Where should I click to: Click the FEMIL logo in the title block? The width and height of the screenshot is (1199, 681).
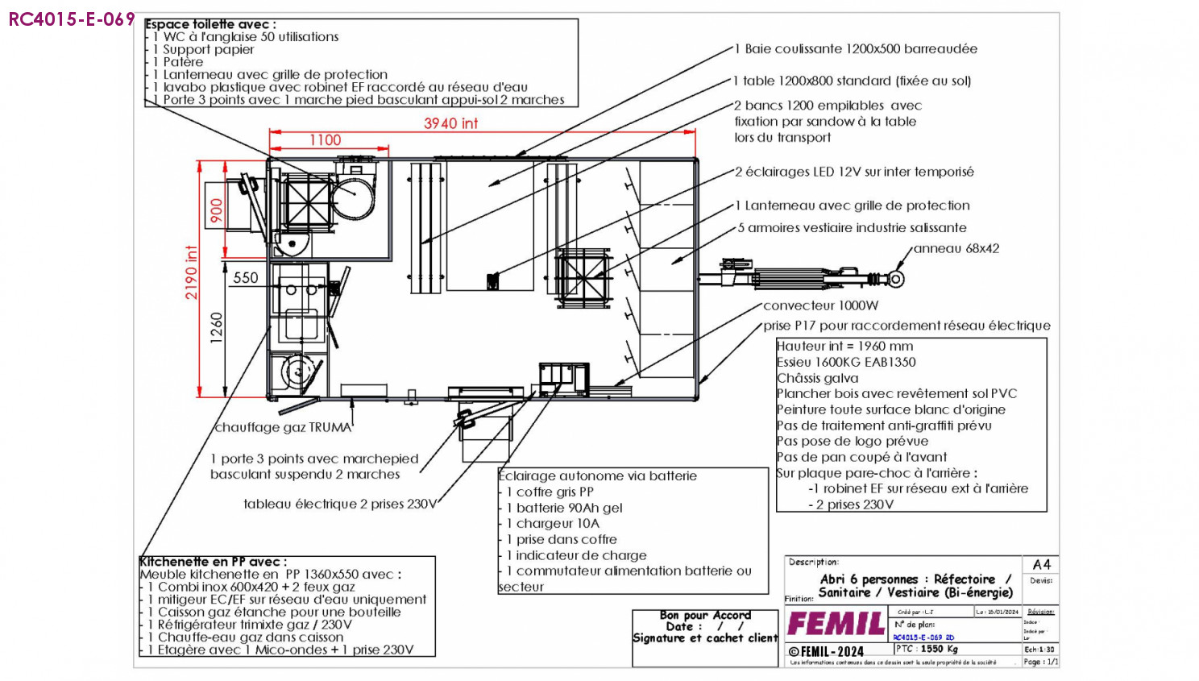(836, 624)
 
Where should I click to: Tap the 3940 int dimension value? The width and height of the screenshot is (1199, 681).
(450, 123)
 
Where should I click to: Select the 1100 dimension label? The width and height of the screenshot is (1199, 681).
(326, 140)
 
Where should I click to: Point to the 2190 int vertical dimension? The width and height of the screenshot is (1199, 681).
(191, 272)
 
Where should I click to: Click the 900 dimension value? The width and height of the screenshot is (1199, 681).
(216, 210)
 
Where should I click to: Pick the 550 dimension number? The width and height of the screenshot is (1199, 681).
(246, 278)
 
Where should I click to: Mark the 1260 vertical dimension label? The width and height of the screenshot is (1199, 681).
(216, 328)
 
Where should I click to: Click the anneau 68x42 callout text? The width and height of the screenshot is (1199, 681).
(956, 248)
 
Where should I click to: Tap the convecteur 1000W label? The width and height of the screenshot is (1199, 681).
(820, 305)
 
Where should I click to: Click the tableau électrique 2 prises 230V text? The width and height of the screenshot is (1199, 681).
(340, 504)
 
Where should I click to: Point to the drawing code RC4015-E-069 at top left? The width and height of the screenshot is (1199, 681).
(72, 19)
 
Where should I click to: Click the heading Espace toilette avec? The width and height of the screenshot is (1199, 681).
(210, 24)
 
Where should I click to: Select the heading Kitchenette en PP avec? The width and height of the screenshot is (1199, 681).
(213, 562)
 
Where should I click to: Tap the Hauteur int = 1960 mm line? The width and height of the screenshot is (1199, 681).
(844, 346)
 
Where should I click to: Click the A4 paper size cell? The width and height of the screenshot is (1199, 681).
(1041, 564)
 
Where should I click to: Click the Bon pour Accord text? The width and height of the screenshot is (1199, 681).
(705, 615)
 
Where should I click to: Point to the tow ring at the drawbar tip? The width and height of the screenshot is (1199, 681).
(896, 279)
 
